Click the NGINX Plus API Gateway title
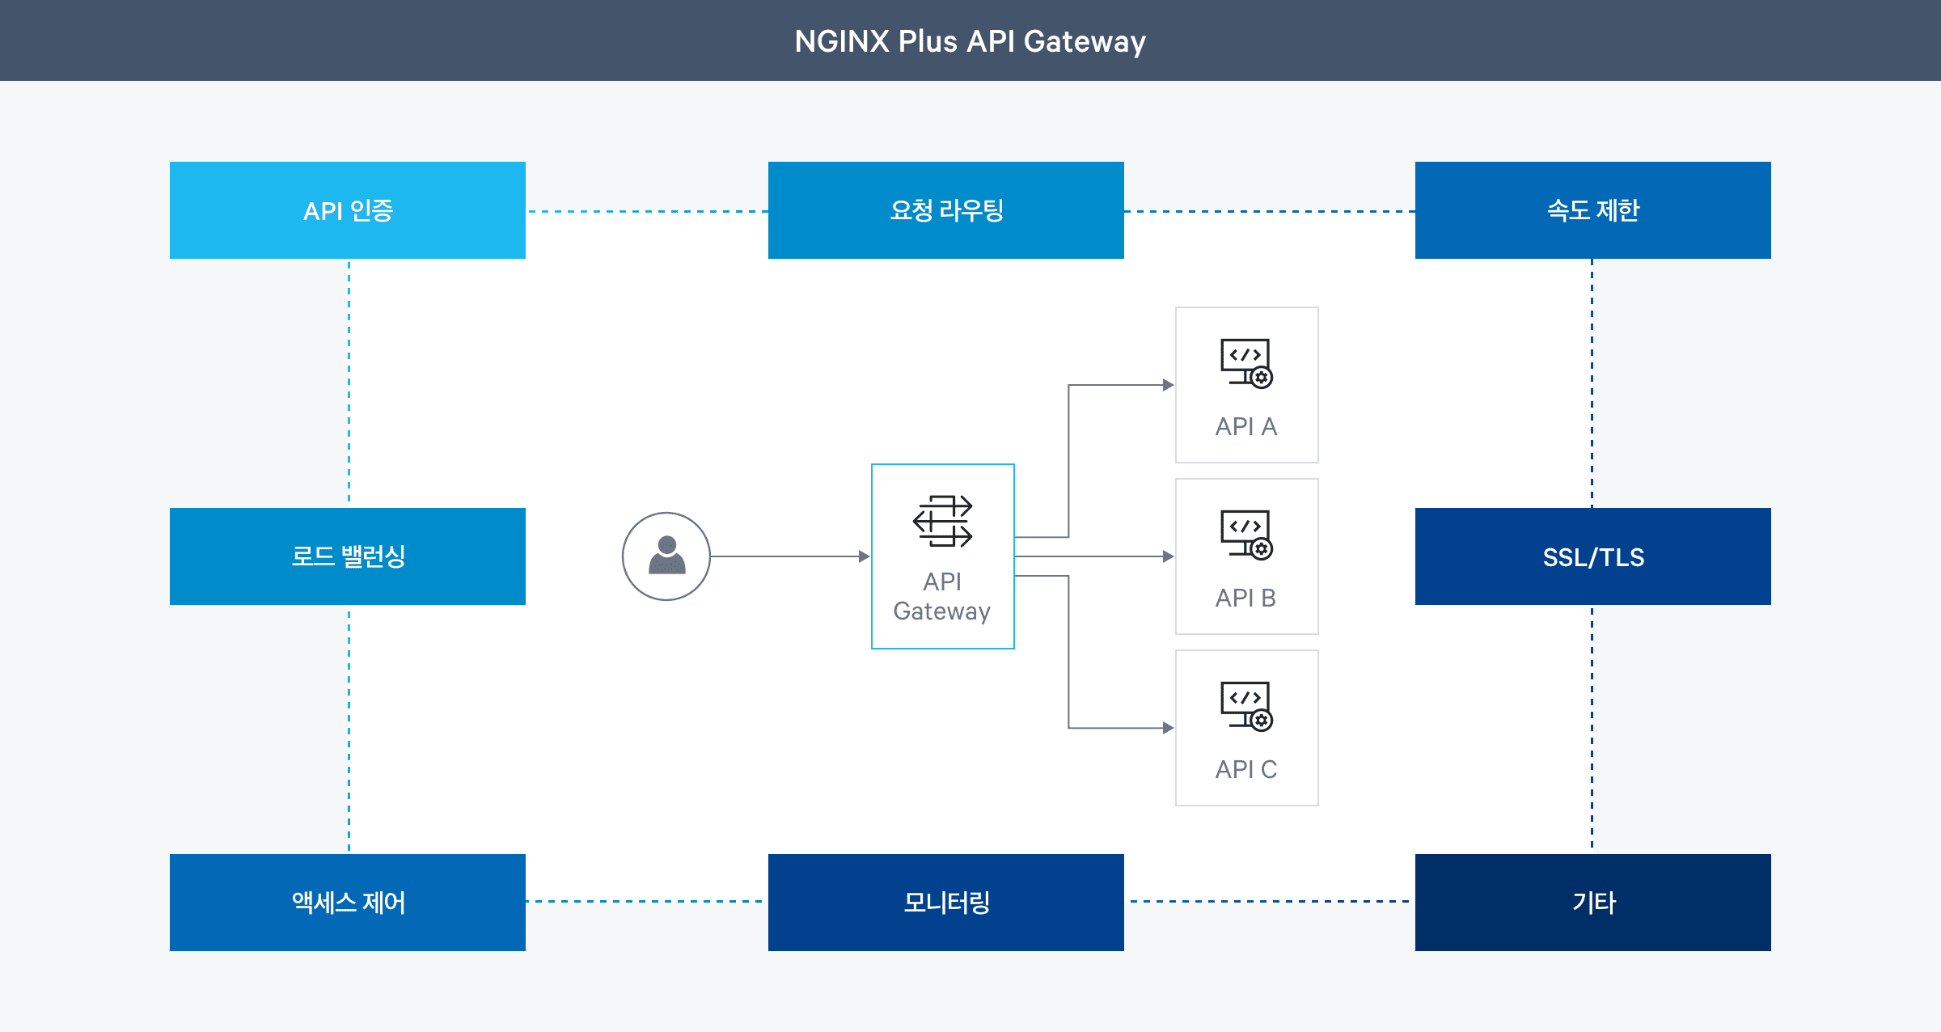point(970,41)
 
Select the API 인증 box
point(348,210)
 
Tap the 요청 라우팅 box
point(946,210)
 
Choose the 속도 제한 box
point(1593,210)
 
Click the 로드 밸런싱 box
point(348,556)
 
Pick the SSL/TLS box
point(1593,556)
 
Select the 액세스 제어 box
point(348,903)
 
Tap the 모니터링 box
point(946,903)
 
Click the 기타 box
point(1593,903)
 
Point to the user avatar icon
point(666,556)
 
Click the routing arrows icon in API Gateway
point(943,521)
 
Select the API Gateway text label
point(942,596)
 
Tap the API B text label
point(1246,598)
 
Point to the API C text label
point(1246,769)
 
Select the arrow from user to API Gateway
point(789,556)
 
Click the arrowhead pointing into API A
point(1168,385)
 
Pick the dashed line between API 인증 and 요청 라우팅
point(647,212)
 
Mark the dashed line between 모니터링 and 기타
point(1270,901)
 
